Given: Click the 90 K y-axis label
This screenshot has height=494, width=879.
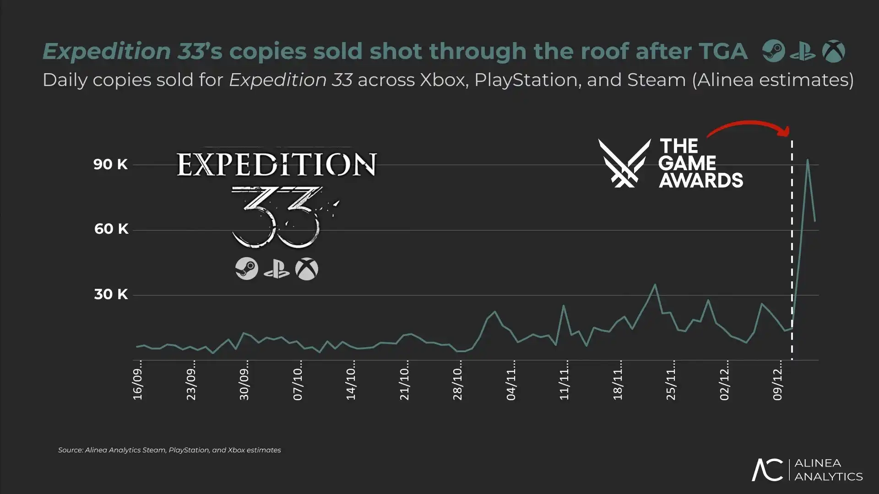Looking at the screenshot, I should coord(110,164).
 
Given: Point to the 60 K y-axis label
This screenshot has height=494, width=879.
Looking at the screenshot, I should coord(111,229).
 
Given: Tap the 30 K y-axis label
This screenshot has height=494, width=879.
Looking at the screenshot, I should coord(111,294).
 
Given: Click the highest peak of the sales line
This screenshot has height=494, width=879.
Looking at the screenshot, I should coord(808,160).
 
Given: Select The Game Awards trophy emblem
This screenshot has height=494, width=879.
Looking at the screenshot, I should coord(624,163).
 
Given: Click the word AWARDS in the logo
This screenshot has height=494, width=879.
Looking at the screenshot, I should coord(701,180).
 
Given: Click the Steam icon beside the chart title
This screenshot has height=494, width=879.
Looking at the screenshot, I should coord(774,51).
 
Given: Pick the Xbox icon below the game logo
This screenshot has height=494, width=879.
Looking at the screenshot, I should coord(307,269).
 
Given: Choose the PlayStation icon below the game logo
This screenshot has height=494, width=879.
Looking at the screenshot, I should coord(277,269).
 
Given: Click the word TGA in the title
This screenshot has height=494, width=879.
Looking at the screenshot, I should coord(723,51).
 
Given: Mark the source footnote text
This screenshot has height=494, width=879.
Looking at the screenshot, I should coord(169,450).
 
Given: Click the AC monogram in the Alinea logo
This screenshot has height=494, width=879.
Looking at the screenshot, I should coord(767,470).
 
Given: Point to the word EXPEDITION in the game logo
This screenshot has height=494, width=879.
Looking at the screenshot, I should coord(277,165).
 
